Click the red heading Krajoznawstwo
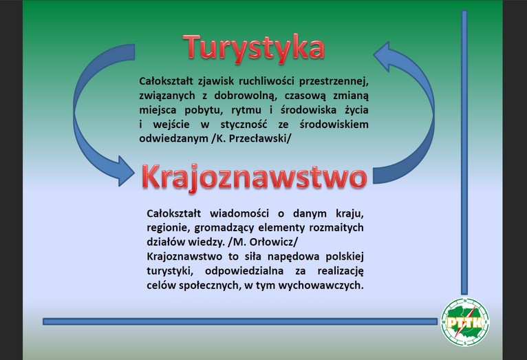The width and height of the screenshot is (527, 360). click(x=254, y=177)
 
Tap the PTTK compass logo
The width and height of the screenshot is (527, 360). click(x=465, y=322)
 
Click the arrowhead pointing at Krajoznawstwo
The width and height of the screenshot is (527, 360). click(x=126, y=171)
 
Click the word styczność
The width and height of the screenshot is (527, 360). click(x=244, y=125)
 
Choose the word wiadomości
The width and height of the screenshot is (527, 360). click(x=239, y=213)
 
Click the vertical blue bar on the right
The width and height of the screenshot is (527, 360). click(x=464, y=152)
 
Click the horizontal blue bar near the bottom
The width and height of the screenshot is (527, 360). click(x=240, y=321)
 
